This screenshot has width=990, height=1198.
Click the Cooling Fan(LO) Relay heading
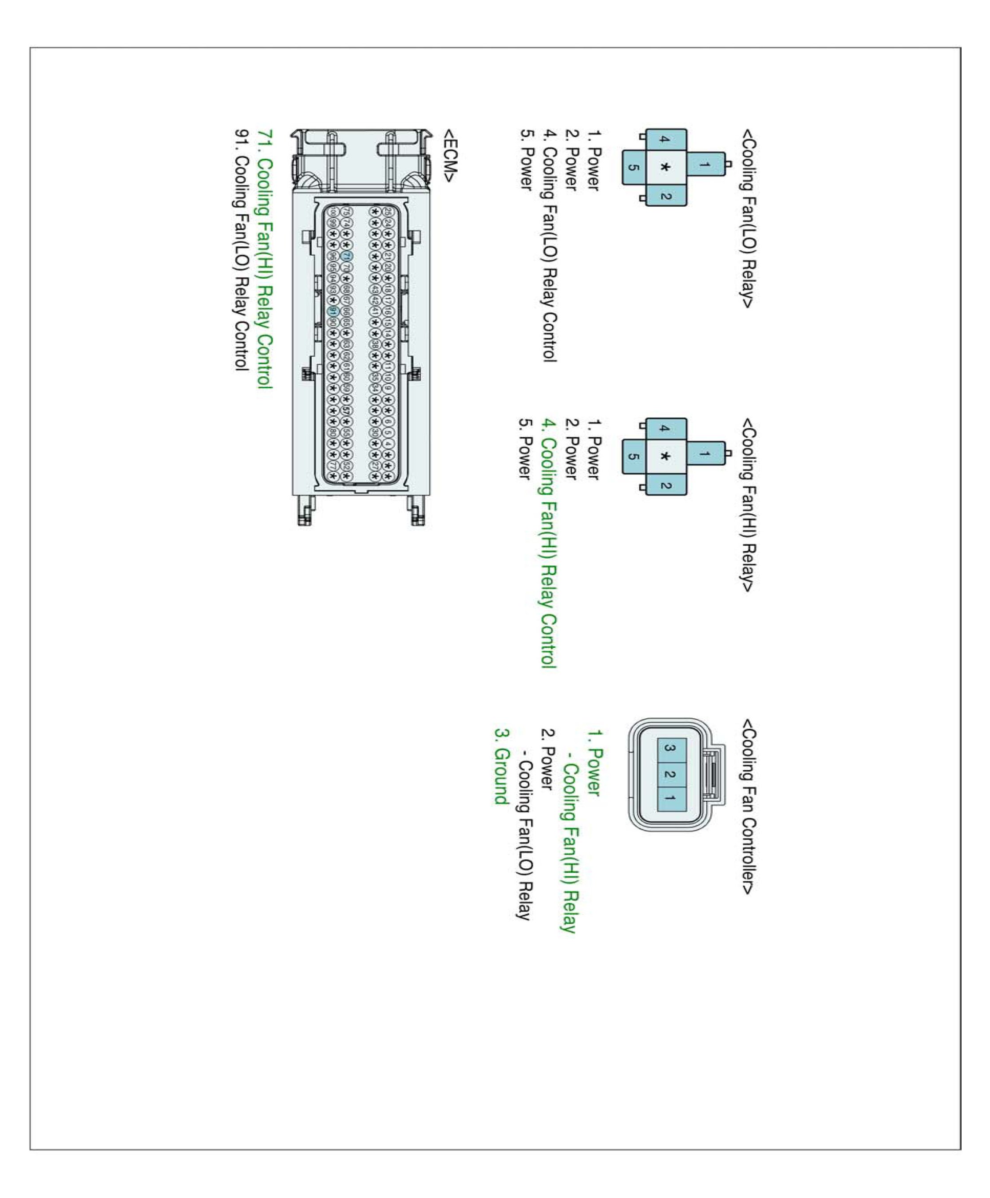pos(748,218)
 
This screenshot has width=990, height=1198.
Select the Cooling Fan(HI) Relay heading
pos(748,505)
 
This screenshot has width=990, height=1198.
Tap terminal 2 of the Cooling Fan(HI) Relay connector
pos(665,485)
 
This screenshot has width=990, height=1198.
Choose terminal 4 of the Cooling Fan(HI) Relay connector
pos(665,428)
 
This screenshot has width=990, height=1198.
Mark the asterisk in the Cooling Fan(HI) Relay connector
pos(665,457)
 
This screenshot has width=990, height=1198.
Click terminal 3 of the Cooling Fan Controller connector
pos(671,748)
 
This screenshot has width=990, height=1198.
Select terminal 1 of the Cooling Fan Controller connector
pos(671,798)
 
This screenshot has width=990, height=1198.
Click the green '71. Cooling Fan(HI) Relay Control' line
pos(265,259)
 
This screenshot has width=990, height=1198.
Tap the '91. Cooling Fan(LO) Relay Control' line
pos(242,251)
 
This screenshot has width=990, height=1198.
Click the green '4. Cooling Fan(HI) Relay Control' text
pos(548,543)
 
